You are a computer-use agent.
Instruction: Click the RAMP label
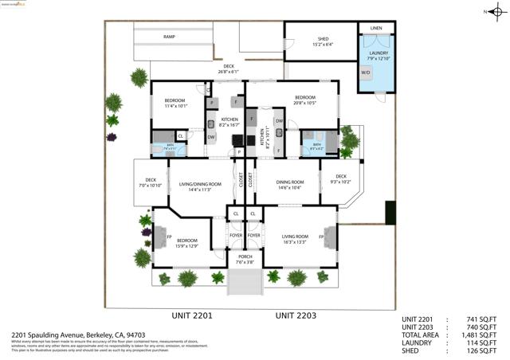[170, 37]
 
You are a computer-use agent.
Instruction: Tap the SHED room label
[323, 41]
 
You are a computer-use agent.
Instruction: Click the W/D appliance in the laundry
[366, 72]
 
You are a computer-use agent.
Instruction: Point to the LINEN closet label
[376, 28]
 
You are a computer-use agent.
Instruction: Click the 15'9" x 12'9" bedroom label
[187, 242]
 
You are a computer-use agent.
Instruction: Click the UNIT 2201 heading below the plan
[192, 316]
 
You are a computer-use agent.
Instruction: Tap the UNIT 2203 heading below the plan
[296, 316]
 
